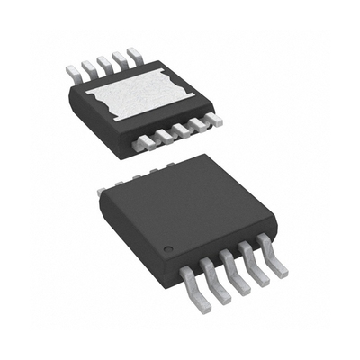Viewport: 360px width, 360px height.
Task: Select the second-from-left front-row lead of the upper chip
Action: pos(162,136)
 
